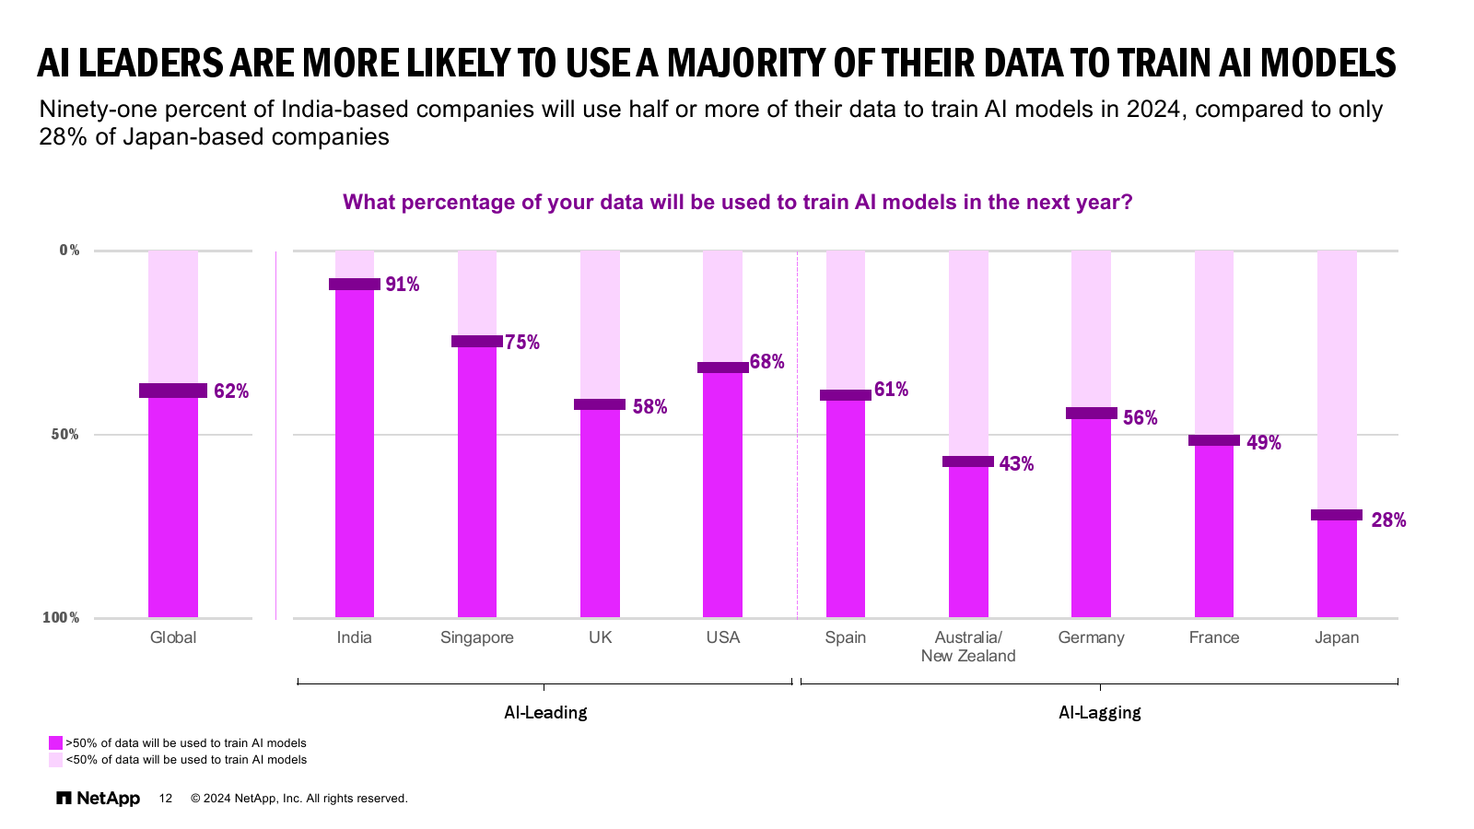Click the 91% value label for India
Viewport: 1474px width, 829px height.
point(403,285)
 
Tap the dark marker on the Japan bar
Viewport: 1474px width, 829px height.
point(1336,515)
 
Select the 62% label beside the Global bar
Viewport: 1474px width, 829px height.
point(231,391)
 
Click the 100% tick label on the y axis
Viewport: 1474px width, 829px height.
point(62,618)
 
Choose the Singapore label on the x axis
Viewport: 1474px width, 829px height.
point(476,637)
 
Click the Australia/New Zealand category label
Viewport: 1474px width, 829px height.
point(967,647)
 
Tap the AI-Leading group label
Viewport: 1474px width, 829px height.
point(545,712)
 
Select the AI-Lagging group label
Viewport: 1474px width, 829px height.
point(1099,712)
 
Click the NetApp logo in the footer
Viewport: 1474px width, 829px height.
point(99,799)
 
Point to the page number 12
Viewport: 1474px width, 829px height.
point(166,799)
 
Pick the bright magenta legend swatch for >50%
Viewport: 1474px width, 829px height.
point(56,743)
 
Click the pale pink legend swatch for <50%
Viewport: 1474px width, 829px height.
point(56,760)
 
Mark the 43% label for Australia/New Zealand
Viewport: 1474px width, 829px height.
point(1016,464)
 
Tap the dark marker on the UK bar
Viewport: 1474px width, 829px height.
point(600,404)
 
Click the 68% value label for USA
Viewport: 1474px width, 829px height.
point(766,362)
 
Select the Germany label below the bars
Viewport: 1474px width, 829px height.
point(1091,637)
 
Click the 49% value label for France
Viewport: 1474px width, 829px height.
point(1263,443)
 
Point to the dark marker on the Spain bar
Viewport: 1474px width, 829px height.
point(845,395)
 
